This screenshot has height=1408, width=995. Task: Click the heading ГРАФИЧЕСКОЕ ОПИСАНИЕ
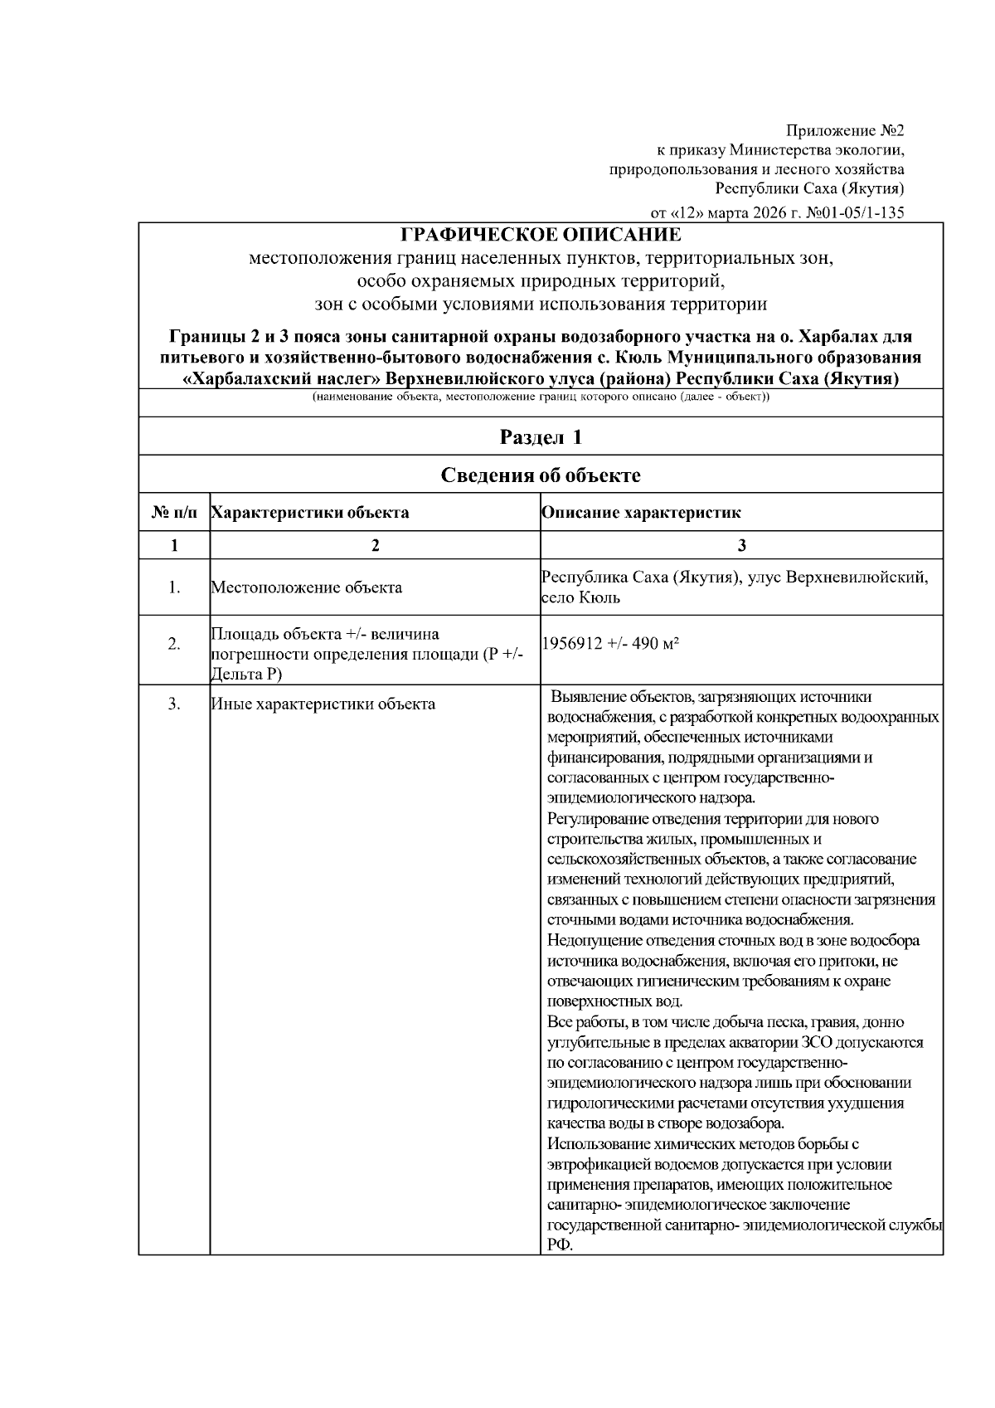pyautogui.click(x=541, y=235)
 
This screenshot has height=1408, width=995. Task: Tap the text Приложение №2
pyautogui.click(x=845, y=130)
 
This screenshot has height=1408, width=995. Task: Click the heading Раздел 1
pyautogui.click(x=541, y=436)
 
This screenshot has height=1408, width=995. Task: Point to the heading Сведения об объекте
pyautogui.click(x=541, y=475)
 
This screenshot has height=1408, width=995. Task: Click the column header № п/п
pyautogui.click(x=174, y=513)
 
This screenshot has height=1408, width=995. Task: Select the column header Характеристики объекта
pyautogui.click(x=310, y=513)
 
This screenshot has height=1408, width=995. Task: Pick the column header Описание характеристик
pyautogui.click(x=641, y=513)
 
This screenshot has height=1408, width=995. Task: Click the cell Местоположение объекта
pyautogui.click(x=307, y=587)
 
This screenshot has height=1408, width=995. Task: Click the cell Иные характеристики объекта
pyautogui.click(x=323, y=704)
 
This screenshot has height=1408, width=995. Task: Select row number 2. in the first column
pyautogui.click(x=174, y=644)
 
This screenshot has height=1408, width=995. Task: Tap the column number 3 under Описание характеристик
pyautogui.click(x=741, y=545)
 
